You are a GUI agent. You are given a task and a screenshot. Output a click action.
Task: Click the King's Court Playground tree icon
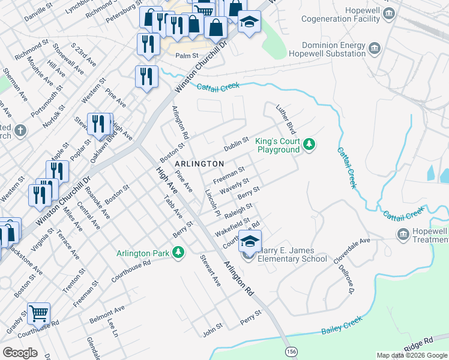tap(309, 144)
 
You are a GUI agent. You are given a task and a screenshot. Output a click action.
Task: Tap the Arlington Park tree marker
tap(178, 253)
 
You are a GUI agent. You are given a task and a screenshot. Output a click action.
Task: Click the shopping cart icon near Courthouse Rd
tap(38, 313)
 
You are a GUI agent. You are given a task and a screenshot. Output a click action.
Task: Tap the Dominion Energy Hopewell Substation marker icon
tap(375, 47)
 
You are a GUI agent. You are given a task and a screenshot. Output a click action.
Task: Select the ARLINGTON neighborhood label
tap(199, 163)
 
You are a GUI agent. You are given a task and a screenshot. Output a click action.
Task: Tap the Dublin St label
tap(236, 143)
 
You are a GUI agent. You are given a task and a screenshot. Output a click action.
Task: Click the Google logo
tap(20, 353)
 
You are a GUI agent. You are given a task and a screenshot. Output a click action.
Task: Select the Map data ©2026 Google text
tap(412, 355)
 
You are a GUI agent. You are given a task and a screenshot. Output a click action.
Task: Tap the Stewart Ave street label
tap(211, 269)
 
